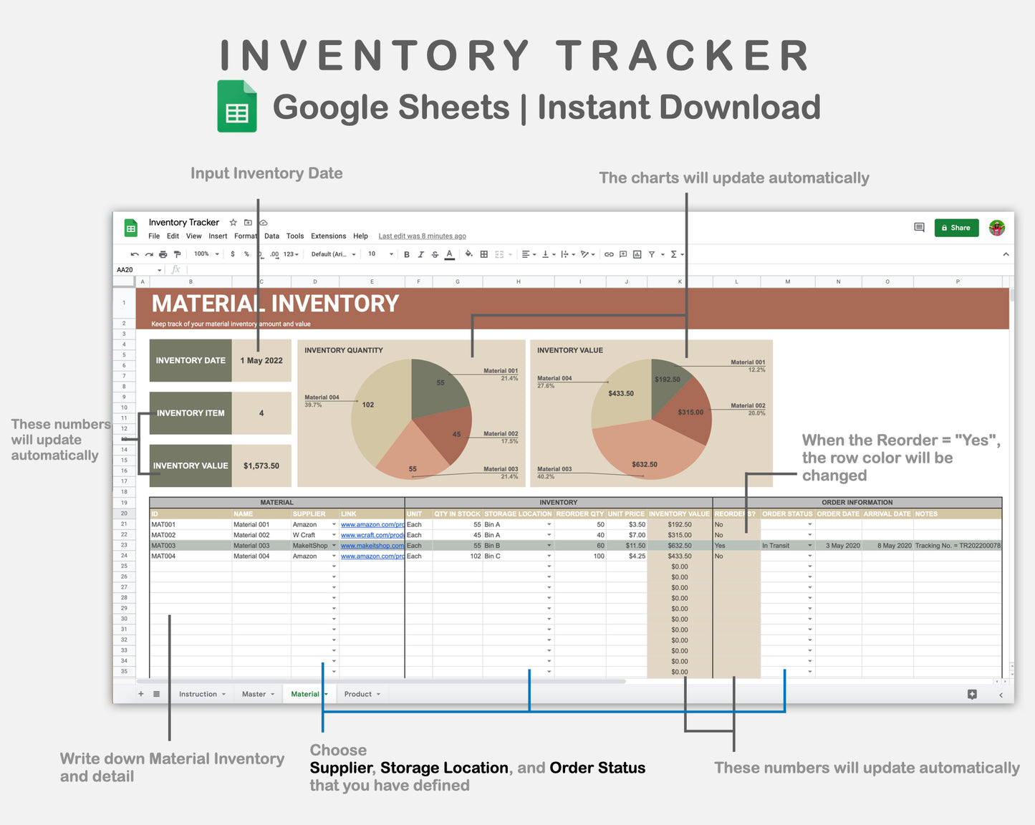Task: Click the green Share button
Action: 956,228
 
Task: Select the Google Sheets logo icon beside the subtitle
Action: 237,107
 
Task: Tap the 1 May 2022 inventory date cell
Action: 261,360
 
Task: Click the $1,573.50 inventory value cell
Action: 261,465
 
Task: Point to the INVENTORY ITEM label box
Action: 191,413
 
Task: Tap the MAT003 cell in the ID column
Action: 164,546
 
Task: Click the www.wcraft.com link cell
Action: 372,535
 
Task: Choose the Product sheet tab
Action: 358,694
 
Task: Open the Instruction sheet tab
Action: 198,694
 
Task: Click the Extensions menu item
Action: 328,236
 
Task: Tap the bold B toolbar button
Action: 407,254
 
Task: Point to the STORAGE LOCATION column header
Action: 518,513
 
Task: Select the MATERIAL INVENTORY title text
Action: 275,304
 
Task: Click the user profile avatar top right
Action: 996,228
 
